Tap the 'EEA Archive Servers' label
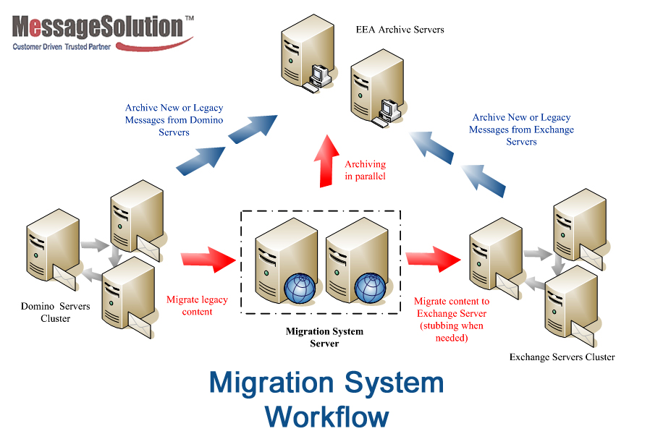[400, 30]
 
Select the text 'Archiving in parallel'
[365, 170]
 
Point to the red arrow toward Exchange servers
[433, 257]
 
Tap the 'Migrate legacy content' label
[197, 305]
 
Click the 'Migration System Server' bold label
[324, 337]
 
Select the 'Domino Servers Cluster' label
[56, 312]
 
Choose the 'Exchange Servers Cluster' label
[562, 357]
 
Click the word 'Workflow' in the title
[326, 417]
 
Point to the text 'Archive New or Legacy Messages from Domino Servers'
[174, 120]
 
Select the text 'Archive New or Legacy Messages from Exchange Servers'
[521, 129]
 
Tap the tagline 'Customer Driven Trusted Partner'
[61, 46]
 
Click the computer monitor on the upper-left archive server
[317, 74]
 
